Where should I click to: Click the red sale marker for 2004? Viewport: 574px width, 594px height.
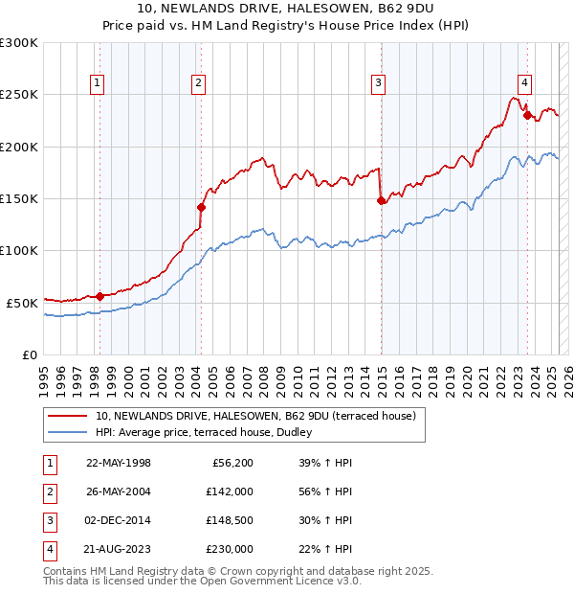(202, 207)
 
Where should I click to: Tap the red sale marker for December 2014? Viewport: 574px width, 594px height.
(381, 200)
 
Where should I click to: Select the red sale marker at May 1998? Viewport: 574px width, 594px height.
(99, 296)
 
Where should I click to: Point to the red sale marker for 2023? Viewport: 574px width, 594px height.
(527, 115)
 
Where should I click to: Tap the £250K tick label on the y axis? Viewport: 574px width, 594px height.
(19, 95)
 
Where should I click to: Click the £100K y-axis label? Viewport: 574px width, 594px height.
(19, 250)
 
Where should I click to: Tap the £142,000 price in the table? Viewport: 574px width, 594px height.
(231, 491)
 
